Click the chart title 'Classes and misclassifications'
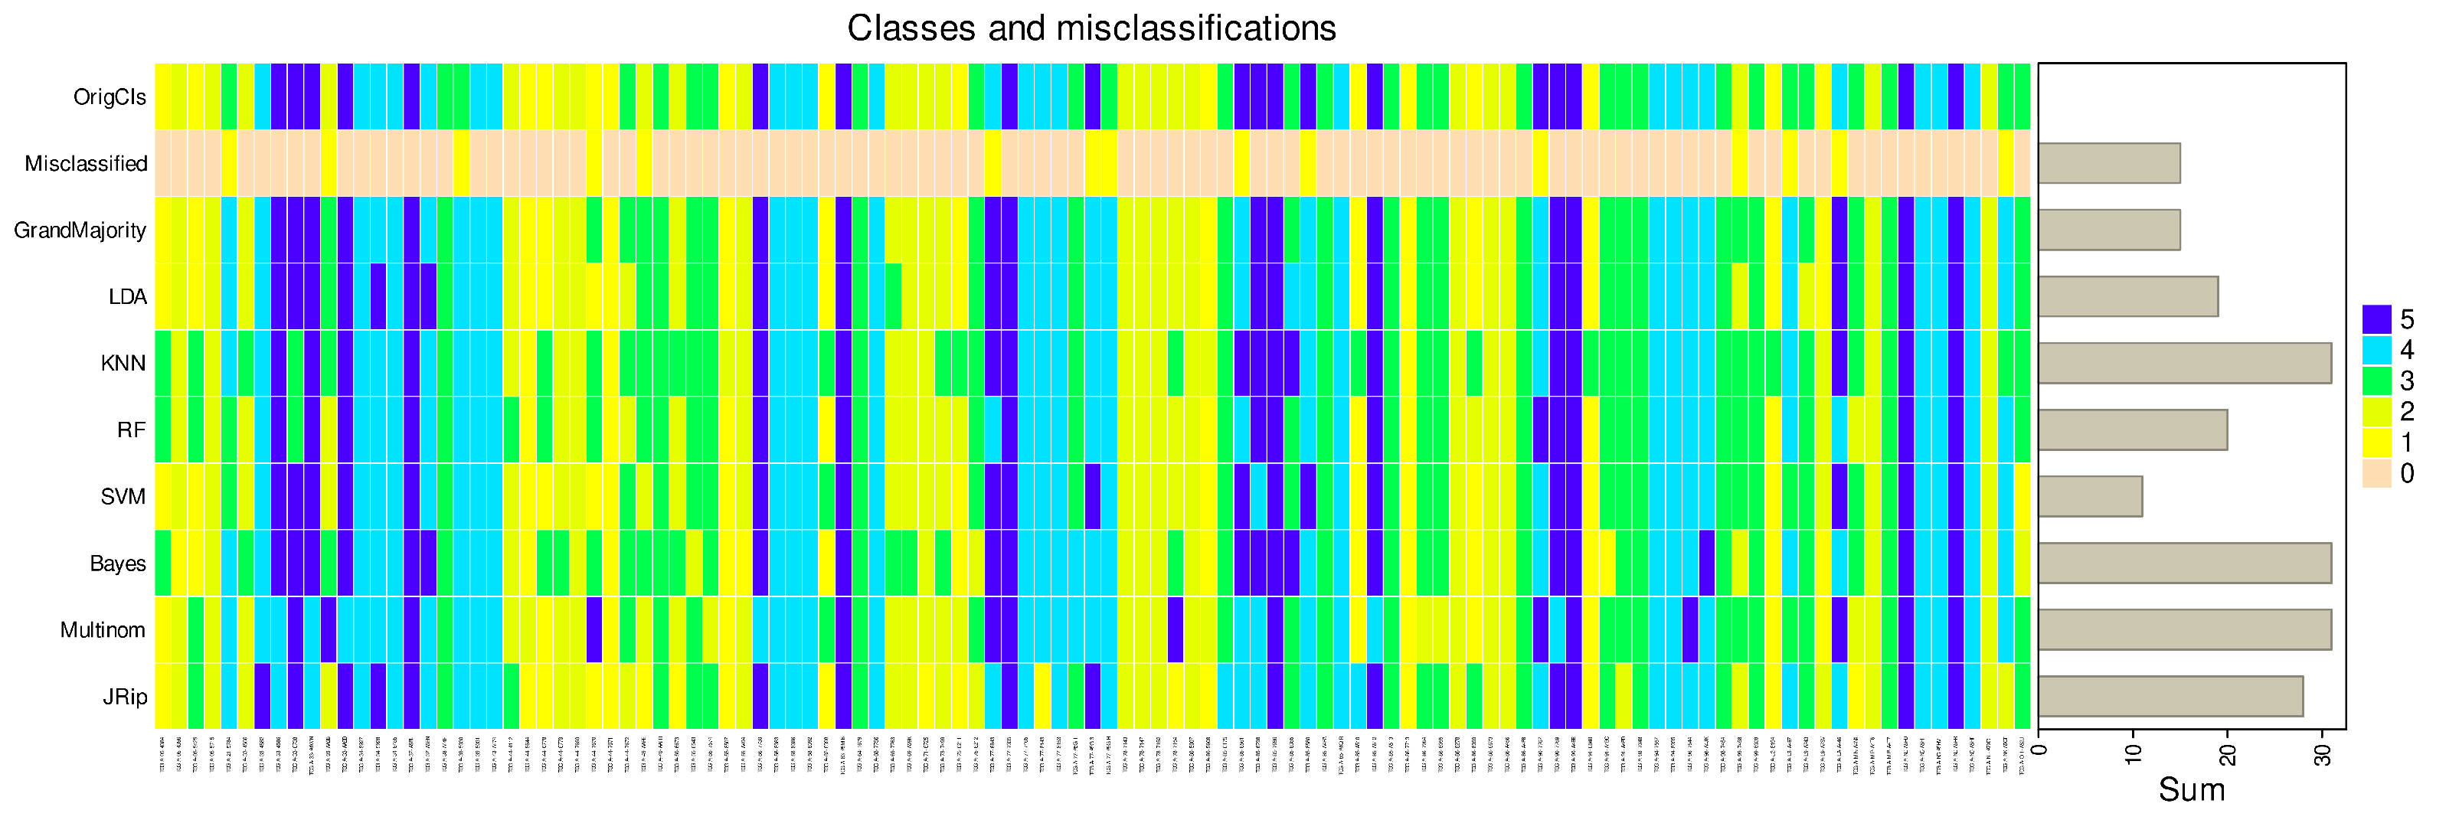[x=1091, y=28]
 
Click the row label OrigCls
[x=110, y=97]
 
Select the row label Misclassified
[x=86, y=164]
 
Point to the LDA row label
[x=127, y=298]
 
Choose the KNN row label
[x=123, y=364]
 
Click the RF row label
[x=131, y=430]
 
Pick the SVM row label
[x=123, y=497]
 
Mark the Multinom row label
[x=102, y=631]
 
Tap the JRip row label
[x=125, y=697]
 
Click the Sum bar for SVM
[x=2090, y=497]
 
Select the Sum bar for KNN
[x=2184, y=364]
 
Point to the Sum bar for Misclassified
[x=2109, y=164]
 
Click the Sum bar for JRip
[x=2170, y=697]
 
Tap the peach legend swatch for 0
[x=2376, y=474]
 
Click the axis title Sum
[x=2192, y=791]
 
